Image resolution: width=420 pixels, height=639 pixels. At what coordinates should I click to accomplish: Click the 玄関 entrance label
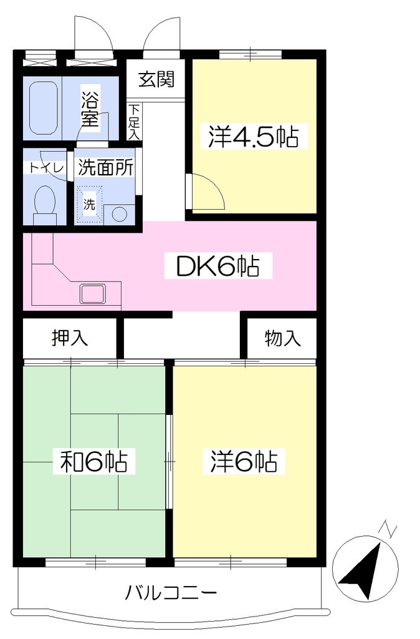point(156,79)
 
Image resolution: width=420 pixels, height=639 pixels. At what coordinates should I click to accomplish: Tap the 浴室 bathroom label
point(90,110)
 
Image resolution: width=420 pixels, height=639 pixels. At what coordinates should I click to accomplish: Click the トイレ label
point(46,168)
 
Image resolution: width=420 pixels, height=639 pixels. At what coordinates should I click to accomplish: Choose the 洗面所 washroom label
point(105,167)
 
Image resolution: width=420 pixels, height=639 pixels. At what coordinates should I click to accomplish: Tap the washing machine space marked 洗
point(89,205)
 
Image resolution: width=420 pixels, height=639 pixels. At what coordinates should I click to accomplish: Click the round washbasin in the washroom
point(119,215)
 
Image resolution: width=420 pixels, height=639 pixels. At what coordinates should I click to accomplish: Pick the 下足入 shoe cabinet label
point(135,122)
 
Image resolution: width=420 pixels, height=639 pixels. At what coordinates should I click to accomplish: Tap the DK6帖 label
point(217,266)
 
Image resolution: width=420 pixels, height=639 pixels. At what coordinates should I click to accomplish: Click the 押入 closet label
point(70,338)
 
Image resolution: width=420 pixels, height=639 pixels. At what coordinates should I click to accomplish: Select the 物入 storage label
point(282,338)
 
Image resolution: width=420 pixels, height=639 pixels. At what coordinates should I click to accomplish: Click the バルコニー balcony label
point(171,593)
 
